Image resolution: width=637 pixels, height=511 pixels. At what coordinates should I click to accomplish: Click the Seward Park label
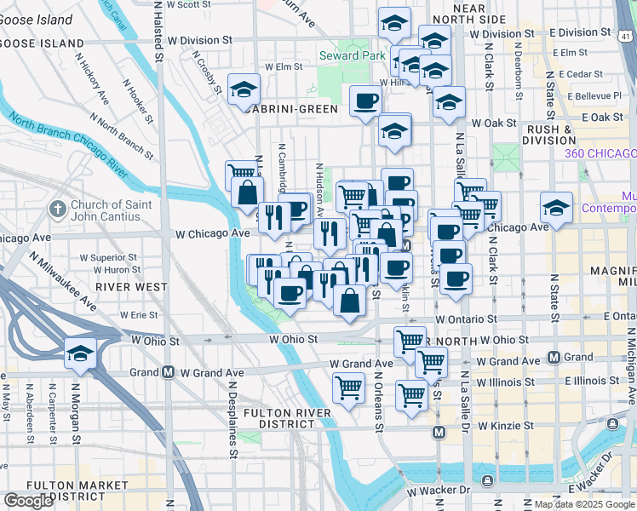[x=347, y=55]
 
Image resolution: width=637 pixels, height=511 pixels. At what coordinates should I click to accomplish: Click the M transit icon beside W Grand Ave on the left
[x=169, y=372]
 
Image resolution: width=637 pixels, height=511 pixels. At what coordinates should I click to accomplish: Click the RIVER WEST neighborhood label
[x=131, y=287]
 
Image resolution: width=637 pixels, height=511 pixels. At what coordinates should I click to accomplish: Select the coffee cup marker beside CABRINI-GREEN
[x=367, y=100]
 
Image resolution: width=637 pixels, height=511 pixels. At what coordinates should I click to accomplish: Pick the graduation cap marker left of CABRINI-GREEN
[x=244, y=89]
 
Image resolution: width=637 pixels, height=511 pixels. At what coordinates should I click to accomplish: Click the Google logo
[x=28, y=501]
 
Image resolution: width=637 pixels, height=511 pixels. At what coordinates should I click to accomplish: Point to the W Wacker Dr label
[x=439, y=491]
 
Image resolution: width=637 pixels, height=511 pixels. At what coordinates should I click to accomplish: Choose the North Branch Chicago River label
[x=81, y=146]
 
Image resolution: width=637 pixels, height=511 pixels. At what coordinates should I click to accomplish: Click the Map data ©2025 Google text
[x=585, y=504]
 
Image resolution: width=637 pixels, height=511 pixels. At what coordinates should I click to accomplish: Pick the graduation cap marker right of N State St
[x=555, y=208]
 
